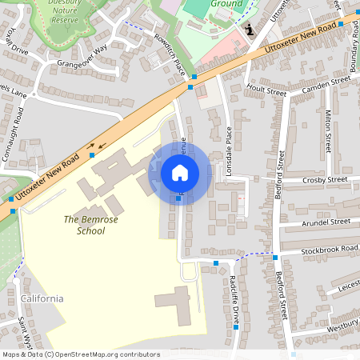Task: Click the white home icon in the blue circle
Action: click(180, 172)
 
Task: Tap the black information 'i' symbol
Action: click(250, 30)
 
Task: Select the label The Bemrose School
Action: click(85, 225)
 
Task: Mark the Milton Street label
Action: click(329, 132)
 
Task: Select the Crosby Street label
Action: click(325, 180)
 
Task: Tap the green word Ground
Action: click(226, 4)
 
